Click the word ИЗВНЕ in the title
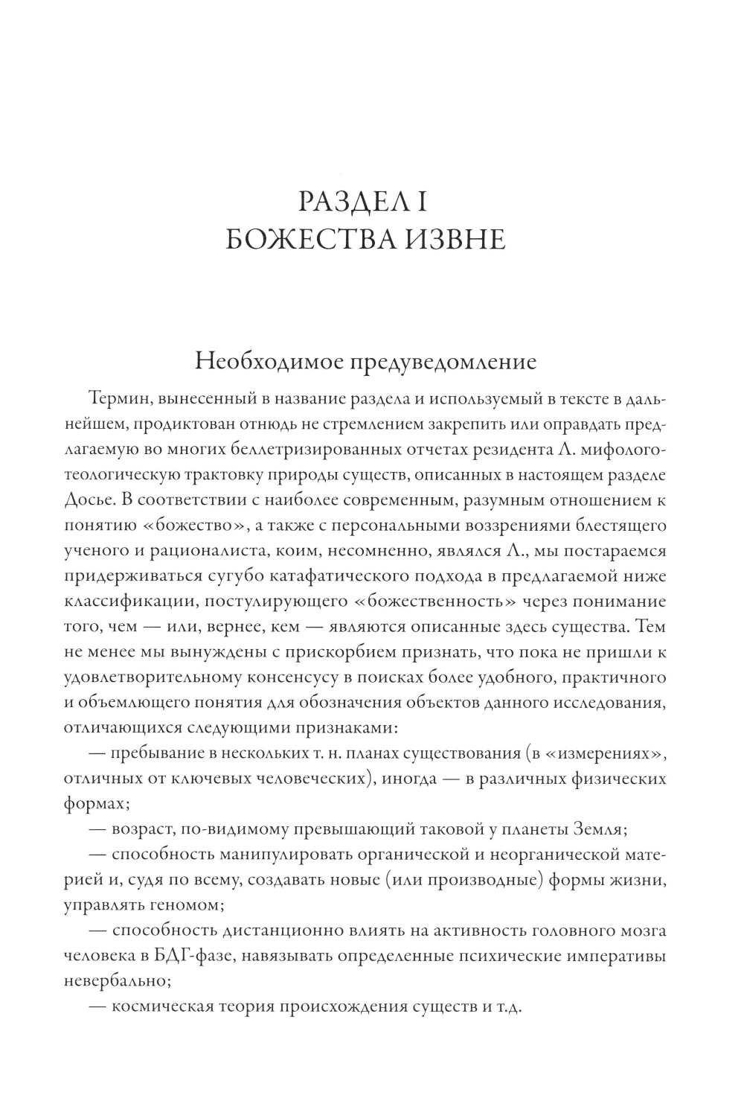(449, 240)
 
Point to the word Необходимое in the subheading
(263, 362)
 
